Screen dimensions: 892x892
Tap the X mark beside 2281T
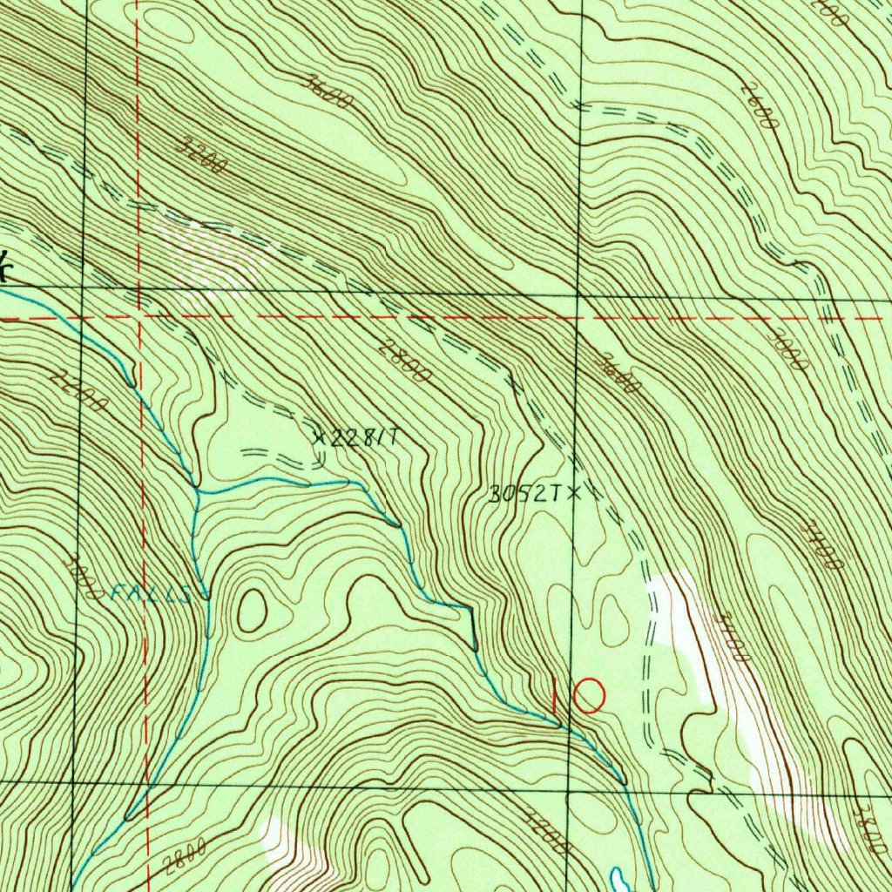[320, 438]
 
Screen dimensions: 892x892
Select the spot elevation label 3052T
[522, 495]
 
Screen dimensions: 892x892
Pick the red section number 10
[578, 696]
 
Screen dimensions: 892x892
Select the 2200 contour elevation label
[79, 391]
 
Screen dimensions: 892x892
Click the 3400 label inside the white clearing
[729, 639]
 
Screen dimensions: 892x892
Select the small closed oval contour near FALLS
[252, 610]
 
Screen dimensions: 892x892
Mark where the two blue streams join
[198, 492]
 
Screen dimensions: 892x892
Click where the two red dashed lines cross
[139, 317]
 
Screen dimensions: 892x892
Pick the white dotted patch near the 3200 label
[213, 253]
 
